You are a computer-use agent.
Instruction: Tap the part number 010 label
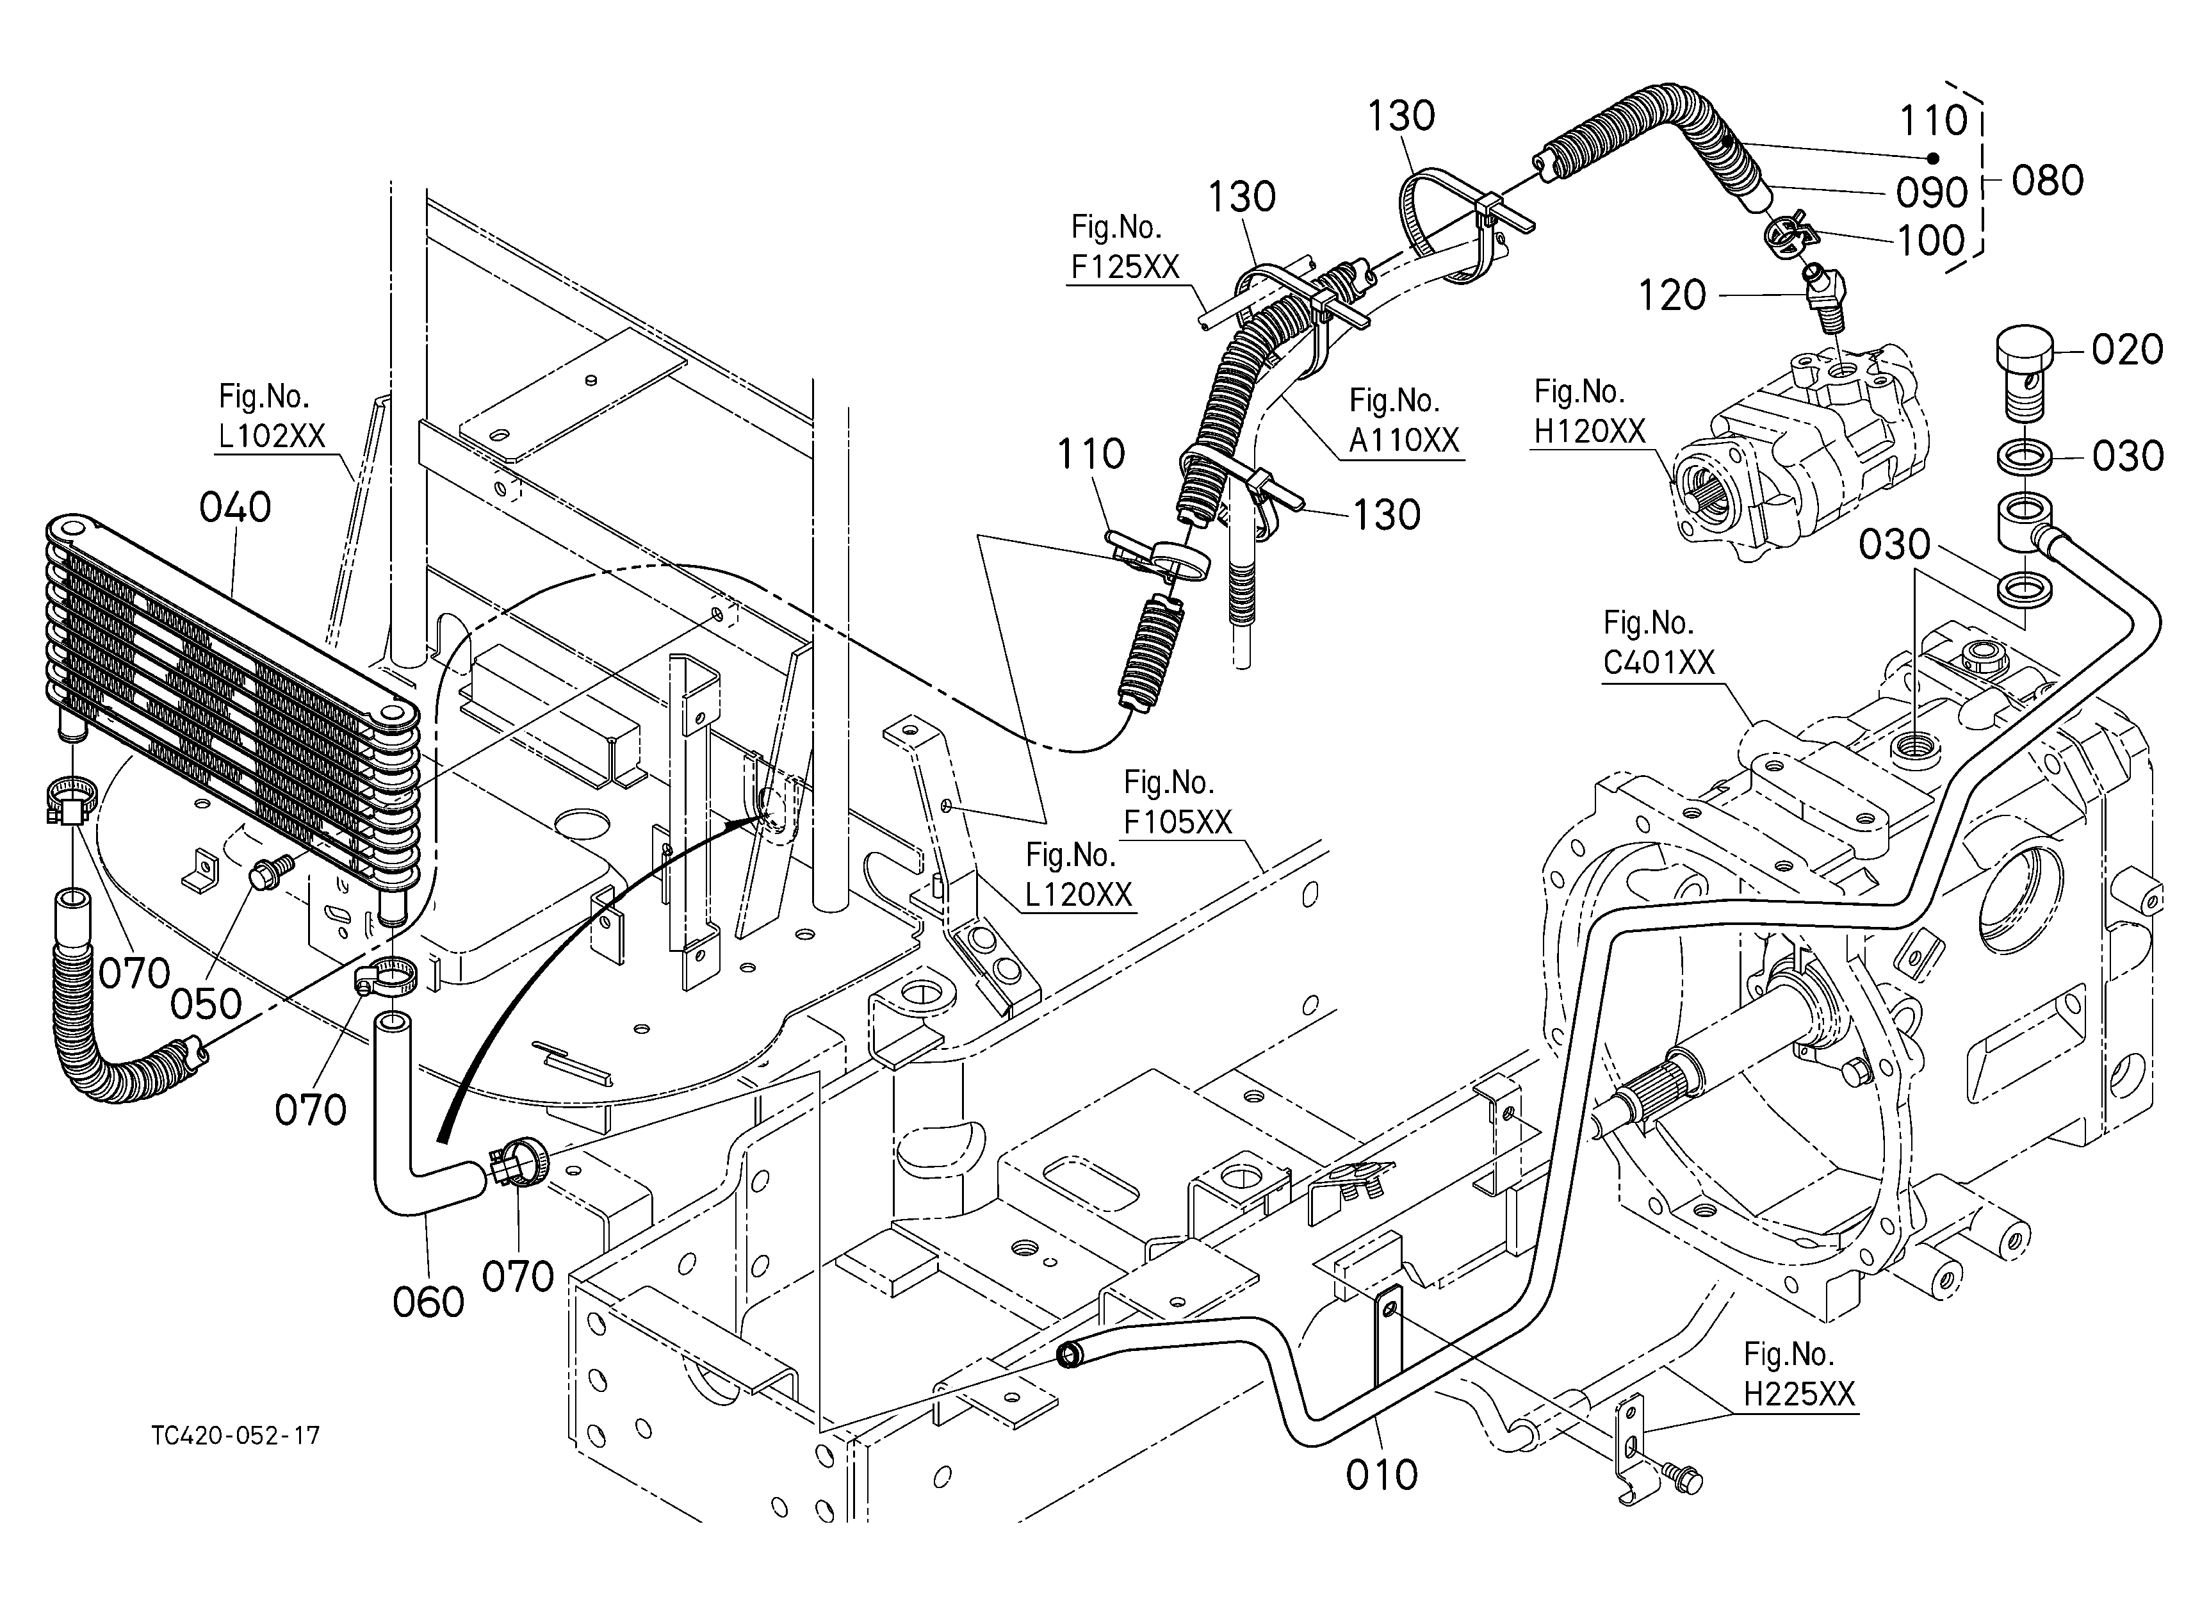(1381, 1475)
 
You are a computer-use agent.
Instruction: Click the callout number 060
(428, 1302)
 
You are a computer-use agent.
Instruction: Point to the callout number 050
(206, 1004)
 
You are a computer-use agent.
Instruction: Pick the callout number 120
(1672, 295)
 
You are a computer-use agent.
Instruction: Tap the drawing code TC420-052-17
(236, 1436)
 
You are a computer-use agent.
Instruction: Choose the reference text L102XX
(272, 436)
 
